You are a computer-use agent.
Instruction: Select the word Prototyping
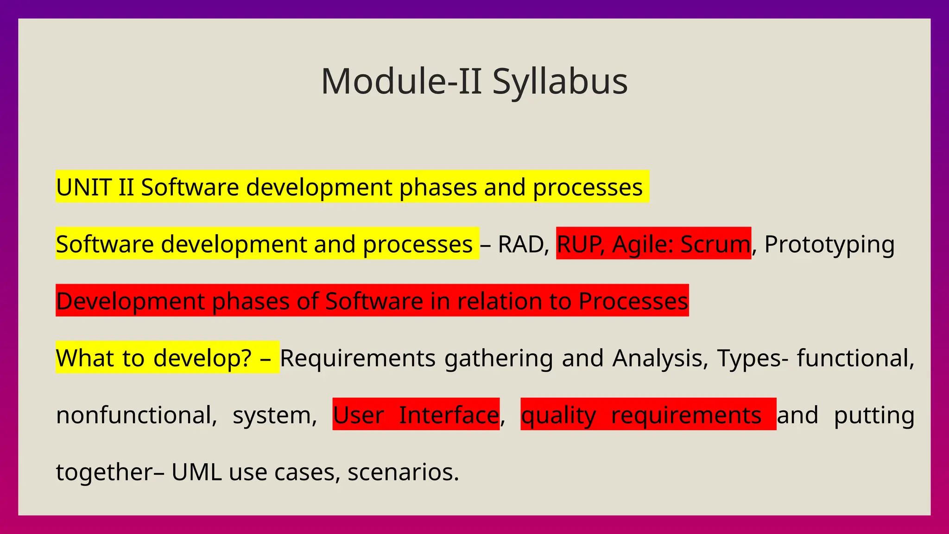click(829, 244)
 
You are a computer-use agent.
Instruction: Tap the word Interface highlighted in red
click(449, 415)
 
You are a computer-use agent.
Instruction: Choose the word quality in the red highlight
click(558, 415)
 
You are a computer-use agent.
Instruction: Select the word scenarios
click(403, 472)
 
